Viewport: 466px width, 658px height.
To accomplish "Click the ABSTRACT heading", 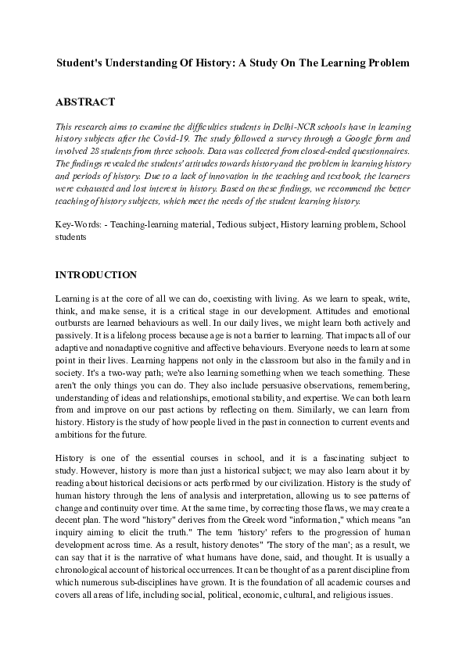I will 85,102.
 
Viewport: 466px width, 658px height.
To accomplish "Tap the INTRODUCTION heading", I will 96,275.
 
